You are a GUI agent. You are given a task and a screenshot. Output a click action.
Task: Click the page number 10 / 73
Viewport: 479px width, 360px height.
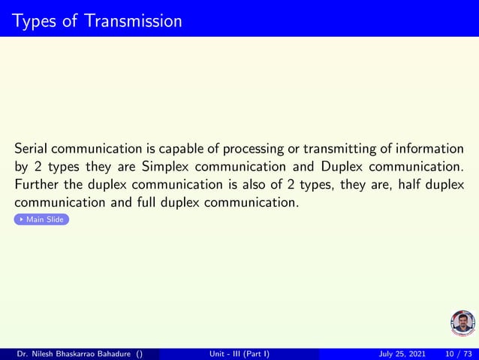click(x=459, y=353)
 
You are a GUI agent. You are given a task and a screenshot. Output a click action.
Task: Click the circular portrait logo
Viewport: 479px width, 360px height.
click(x=462, y=323)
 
